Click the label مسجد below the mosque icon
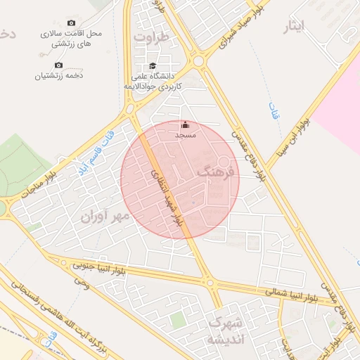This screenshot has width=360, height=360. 185,134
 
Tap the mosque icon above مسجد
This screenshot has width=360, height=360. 185,124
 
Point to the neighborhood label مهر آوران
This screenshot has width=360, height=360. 105,215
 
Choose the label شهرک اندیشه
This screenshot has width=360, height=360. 225,331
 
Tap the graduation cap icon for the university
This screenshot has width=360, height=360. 153,66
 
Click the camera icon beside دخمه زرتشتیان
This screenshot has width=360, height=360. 59,65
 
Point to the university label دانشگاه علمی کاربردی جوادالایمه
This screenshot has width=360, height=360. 157,80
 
